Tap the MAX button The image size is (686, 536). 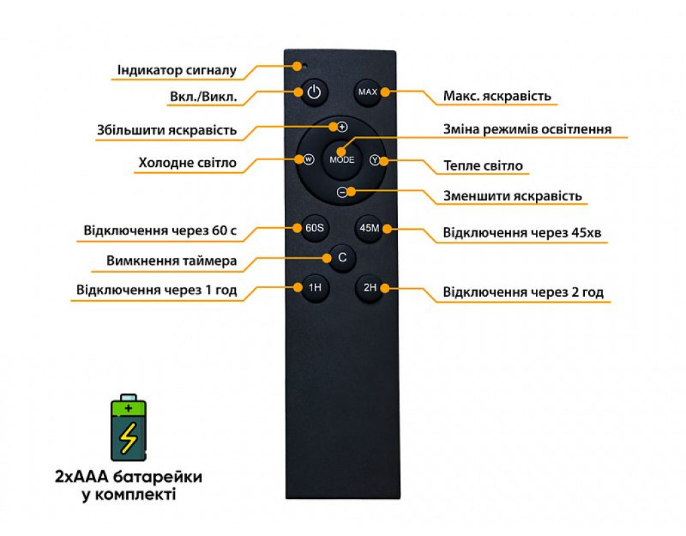pyautogui.click(x=368, y=92)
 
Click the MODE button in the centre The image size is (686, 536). pyautogui.click(x=342, y=160)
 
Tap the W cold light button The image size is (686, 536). pyautogui.click(x=308, y=159)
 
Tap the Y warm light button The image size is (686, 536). pyautogui.click(x=374, y=160)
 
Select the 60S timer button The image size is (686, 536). pyautogui.click(x=314, y=228)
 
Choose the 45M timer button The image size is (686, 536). pyautogui.click(x=370, y=228)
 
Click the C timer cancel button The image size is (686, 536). pyautogui.click(x=342, y=257)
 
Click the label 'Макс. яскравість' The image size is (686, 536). pyautogui.click(x=497, y=96)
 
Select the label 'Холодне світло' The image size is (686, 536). pyautogui.click(x=188, y=163)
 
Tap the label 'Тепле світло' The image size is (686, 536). pyautogui.click(x=483, y=165)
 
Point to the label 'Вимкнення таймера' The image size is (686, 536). pyautogui.click(x=171, y=261)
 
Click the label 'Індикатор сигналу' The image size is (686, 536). pyautogui.click(x=177, y=70)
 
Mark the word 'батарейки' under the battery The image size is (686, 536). pyautogui.click(x=161, y=478)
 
